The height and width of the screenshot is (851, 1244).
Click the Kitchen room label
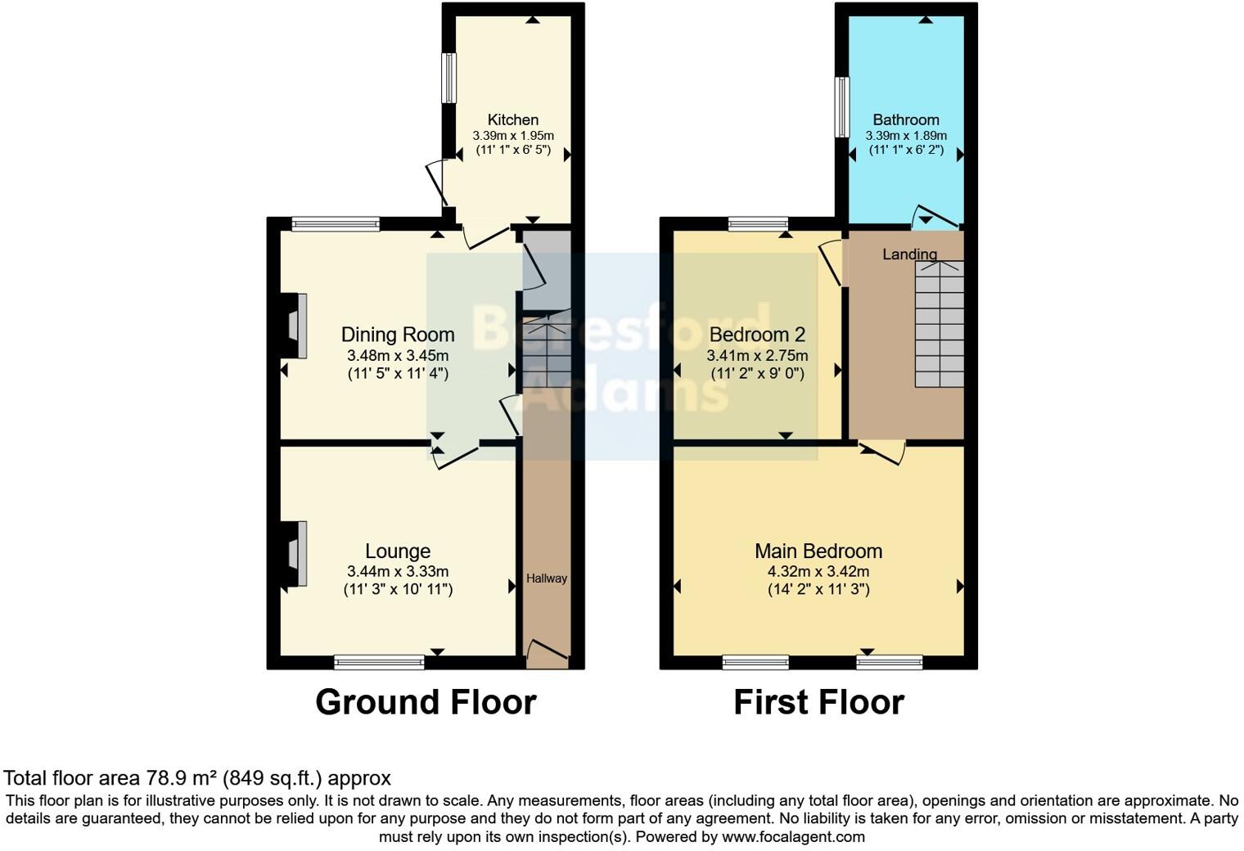click(513, 119)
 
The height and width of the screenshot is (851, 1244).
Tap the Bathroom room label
click(906, 119)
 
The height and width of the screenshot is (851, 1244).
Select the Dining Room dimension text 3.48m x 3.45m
click(398, 356)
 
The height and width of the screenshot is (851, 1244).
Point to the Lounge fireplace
click(295, 554)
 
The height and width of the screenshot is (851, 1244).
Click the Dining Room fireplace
click(295, 326)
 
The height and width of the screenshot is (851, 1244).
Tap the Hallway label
click(546, 579)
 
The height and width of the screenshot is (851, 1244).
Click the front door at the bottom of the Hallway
click(547, 651)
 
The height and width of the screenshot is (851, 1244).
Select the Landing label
click(909, 254)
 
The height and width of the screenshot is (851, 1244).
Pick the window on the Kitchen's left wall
click(448, 79)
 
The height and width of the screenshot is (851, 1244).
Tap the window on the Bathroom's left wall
click(841, 107)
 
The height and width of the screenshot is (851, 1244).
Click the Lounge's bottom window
click(379, 661)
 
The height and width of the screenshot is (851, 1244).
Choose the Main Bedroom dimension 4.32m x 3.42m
click(818, 572)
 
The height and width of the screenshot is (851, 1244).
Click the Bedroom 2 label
click(757, 335)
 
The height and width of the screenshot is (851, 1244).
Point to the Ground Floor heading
click(426, 702)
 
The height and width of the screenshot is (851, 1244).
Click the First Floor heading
click(818, 702)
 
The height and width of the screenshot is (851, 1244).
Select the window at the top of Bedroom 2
click(758, 223)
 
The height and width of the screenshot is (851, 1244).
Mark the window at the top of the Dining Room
click(336, 223)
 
